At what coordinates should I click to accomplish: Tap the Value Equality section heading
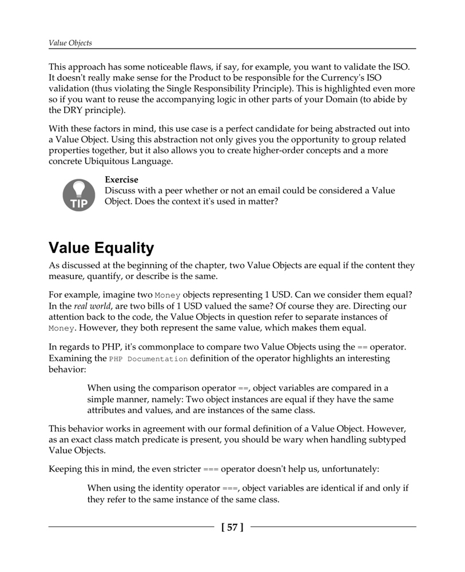101,248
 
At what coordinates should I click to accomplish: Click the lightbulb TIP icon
78,194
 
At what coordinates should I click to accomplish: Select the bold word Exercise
121,180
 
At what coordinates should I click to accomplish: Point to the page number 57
232,527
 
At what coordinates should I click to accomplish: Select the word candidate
279,129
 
